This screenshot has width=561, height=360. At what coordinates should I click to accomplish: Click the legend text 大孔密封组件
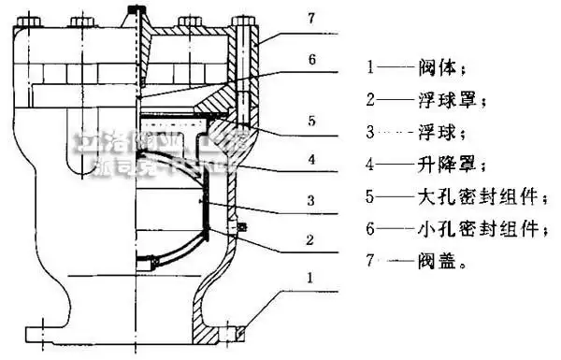coord(468,197)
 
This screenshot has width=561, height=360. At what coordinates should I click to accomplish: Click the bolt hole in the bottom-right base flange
coord(241,329)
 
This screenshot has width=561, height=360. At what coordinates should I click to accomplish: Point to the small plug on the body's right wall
coord(242,227)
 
